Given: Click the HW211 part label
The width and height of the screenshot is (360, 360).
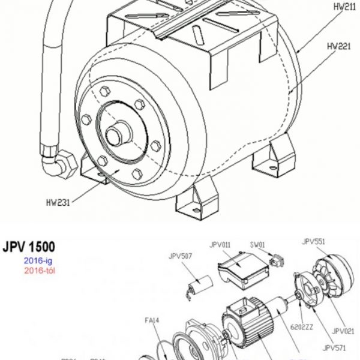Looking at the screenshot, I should [340, 8].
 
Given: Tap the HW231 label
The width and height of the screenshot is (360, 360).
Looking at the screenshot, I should [58, 202].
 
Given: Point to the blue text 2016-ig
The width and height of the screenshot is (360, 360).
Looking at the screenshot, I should [38, 260].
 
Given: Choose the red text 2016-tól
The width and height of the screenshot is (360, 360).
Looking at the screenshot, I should [39, 271].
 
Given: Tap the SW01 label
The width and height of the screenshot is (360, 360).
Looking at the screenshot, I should [258, 245].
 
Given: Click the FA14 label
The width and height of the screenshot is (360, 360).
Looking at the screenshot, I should [152, 320].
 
